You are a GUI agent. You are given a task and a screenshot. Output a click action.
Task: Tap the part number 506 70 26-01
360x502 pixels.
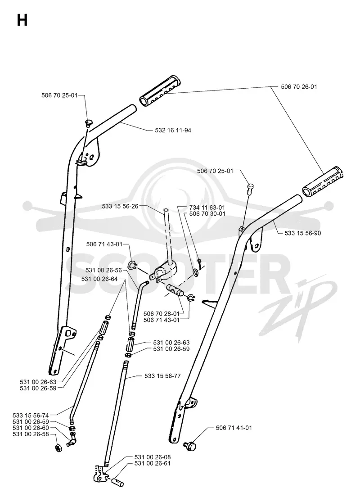click(299, 87)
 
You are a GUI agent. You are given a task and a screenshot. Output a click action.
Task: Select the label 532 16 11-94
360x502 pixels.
click(173, 130)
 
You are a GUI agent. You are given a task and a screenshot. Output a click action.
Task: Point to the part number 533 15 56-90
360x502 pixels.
click(303, 233)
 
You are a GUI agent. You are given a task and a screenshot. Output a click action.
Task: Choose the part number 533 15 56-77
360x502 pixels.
click(162, 376)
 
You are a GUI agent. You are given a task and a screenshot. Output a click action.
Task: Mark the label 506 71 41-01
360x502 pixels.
click(234, 428)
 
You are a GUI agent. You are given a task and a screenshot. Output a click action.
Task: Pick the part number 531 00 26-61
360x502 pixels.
click(152, 463)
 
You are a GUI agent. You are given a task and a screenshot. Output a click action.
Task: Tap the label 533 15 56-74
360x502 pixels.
click(31, 416)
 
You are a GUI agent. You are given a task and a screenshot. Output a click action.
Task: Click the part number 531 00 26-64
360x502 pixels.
click(99, 279)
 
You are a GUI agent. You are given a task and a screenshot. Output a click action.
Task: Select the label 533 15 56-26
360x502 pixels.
click(120, 207)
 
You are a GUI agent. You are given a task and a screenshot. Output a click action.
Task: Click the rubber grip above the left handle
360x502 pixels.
click(160, 90)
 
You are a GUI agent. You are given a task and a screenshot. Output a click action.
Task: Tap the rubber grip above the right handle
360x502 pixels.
click(323, 181)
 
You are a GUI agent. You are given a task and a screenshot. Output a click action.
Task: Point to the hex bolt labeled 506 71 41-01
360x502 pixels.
click(190, 445)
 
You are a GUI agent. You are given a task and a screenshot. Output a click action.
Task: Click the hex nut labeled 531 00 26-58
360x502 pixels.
click(58, 448)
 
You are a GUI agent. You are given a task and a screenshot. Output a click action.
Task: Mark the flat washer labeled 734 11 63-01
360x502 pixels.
click(195, 272)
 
